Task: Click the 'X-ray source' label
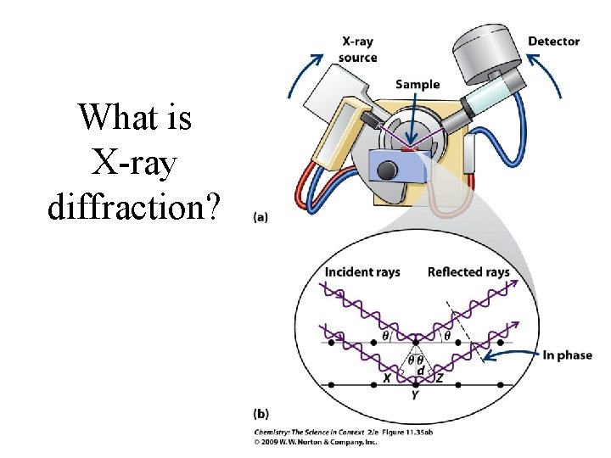click(358, 49)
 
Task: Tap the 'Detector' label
click(553, 41)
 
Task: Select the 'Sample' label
click(417, 84)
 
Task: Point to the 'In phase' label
click(567, 355)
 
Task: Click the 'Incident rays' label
click(362, 272)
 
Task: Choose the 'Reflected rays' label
click(468, 272)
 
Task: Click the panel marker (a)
click(261, 217)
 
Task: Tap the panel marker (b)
click(261, 415)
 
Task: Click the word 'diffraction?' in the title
click(135, 204)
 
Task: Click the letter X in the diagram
click(386, 378)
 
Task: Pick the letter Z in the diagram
click(440, 378)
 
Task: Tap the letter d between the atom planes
click(419, 371)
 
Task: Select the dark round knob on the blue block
click(388, 170)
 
